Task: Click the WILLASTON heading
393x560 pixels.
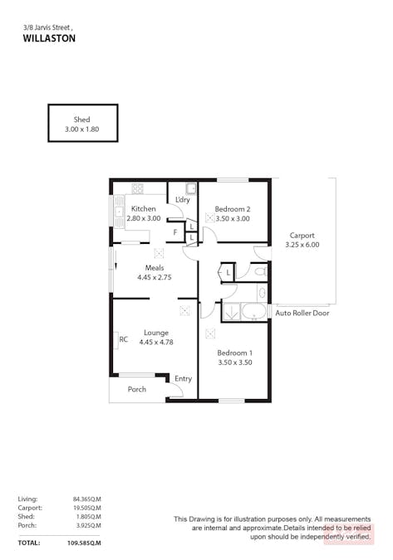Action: point(49,38)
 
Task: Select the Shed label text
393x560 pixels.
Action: point(82,119)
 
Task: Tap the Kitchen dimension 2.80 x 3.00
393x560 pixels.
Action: point(144,218)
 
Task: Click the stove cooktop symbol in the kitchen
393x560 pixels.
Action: point(137,188)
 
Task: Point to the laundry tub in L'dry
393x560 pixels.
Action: point(191,188)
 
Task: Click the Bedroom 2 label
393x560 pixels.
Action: point(233,209)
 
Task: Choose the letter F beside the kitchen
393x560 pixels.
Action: point(175,232)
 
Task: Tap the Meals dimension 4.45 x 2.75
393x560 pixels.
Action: point(155,277)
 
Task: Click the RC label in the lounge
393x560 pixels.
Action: point(123,339)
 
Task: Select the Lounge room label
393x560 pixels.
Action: point(156,333)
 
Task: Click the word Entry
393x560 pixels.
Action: point(183,378)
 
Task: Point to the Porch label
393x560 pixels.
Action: point(137,389)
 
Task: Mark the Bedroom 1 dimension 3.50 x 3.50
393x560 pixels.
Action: point(235,363)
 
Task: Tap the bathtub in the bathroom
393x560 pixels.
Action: point(254,312)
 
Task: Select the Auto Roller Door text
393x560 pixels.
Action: point(302,314)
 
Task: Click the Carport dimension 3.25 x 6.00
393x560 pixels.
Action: point(302,245)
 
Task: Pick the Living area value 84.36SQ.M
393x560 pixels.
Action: point(87,499)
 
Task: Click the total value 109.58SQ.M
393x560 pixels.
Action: point(84,543)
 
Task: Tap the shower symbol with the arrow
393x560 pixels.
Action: point(231,312)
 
